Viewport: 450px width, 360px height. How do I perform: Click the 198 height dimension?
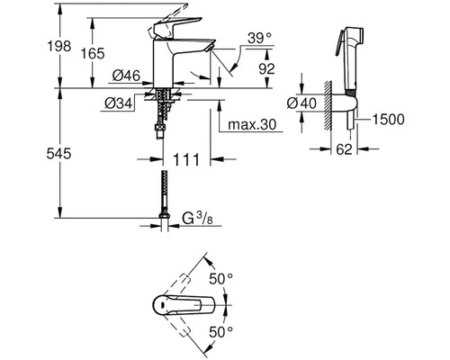(59, 47)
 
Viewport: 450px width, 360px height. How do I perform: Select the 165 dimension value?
(93, 54)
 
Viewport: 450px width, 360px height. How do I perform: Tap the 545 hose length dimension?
(58, 154)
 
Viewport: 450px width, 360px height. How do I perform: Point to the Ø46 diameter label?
(126, 76)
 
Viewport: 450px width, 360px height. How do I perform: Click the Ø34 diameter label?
(119, 103)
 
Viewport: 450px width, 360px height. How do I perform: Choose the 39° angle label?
(260, 39)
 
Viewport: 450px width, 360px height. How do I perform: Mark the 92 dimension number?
(266, 69)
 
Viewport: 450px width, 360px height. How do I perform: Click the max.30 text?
(252, 124)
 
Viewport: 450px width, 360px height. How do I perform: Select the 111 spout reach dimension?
(186, 159)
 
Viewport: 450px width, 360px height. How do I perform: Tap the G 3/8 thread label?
(198, 219)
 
